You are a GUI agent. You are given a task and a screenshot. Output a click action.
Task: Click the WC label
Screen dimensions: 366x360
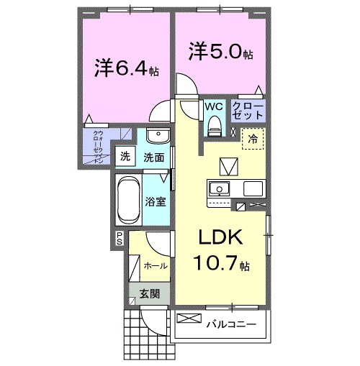[x=215, y=106]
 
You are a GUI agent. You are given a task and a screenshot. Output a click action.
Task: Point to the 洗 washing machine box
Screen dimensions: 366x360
[x=125, y=156]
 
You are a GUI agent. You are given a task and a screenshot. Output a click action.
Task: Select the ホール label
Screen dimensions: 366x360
[x=156, y=265]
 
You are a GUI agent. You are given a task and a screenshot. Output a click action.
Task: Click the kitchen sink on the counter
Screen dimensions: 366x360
[x=217, y=189]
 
